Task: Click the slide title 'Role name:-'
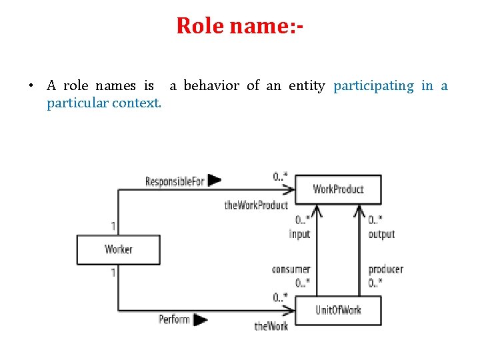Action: click(240, 26)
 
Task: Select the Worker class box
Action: click(119, 249)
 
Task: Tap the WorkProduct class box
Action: click(338, 189)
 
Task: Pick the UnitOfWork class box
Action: click(338, 311)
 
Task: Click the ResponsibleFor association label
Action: click(175, 181)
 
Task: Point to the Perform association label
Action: click(174, 319)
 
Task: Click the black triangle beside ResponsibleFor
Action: click(215, 180)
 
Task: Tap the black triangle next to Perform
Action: click(201, 319)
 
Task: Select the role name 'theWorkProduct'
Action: click(256, 205)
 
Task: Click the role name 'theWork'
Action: click(271, 326)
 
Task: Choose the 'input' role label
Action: click(299, 234)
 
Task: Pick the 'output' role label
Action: click(381, 234)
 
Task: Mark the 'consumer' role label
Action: click(291, 269)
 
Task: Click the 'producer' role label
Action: click(385, 269)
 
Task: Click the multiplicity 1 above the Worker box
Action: click(113, 226)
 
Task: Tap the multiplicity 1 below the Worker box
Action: click(113, 272)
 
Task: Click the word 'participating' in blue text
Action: click(373, 85)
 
